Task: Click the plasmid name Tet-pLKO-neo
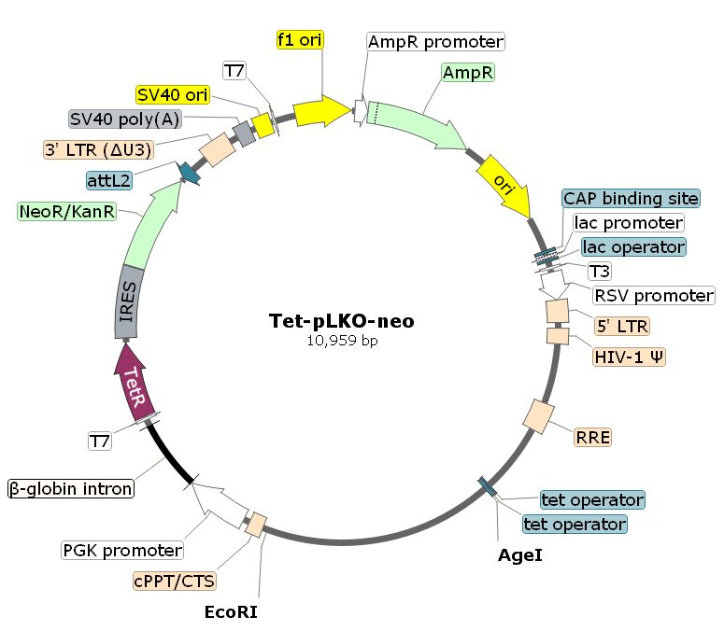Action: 341,321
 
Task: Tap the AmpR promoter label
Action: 435,42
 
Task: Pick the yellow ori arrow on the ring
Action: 504,187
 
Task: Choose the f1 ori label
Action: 299,40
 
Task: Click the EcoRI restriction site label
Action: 231,612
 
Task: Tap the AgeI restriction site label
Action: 519,555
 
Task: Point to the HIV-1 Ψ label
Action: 629,357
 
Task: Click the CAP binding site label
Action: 631,199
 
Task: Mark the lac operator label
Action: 633,247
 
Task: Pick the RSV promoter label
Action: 654,296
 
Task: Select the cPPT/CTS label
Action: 175,581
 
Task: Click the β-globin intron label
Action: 71,488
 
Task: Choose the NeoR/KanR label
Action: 67,212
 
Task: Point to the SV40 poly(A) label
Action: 125,119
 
